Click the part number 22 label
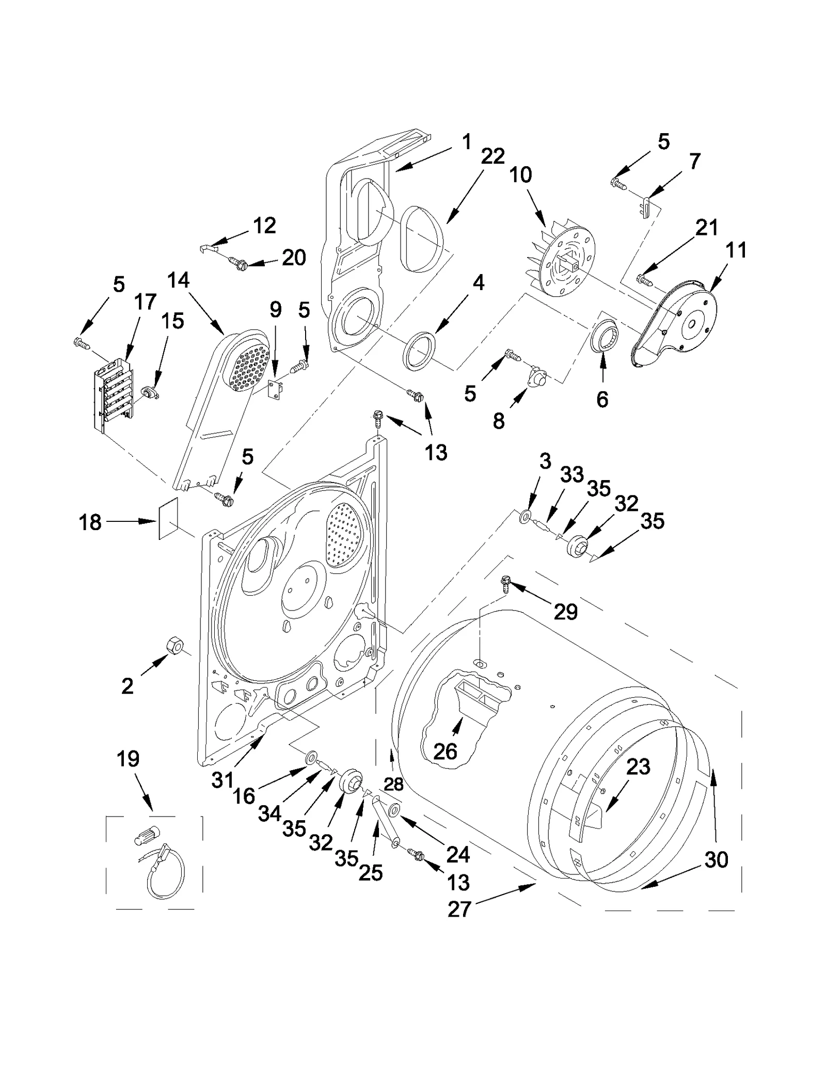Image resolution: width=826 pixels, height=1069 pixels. (492, 156)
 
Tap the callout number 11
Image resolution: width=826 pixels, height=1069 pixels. (736, 250)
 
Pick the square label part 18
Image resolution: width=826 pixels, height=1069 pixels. (168, 518)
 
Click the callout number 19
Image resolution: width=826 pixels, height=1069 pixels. (128, 759)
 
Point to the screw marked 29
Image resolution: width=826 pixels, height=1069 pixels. (505, 584)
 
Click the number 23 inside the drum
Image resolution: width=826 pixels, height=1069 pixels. (638, 767)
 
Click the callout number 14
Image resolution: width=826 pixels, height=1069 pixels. (178, 280)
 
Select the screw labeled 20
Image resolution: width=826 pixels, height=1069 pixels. (239, 265)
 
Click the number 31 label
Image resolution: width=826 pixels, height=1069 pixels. (223, 779)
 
